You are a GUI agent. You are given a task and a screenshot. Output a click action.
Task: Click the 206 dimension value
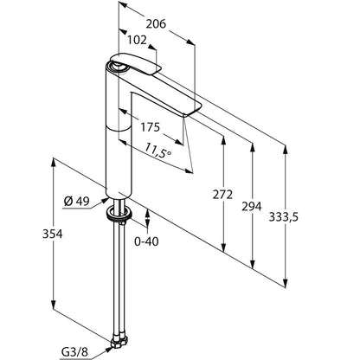[x=156, y=24]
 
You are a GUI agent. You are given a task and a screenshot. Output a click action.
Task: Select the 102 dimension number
[x=137, y=40]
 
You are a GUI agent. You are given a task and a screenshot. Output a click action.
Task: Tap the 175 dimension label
[x=150, y=127]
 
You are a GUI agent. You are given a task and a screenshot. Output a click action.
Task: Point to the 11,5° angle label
[x=157, y=151]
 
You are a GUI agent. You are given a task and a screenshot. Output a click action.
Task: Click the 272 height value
[x=222, y=195]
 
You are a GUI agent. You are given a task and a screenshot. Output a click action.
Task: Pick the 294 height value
[x=252, y=207]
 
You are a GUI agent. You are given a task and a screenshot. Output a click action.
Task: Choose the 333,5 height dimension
[x=284, y=217]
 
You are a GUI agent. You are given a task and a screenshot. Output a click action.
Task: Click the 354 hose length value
[x=53, y=234]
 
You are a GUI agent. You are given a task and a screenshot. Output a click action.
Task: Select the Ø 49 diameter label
[x=77, y=202]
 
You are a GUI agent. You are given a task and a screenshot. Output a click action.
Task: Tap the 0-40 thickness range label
[x=146, y=241]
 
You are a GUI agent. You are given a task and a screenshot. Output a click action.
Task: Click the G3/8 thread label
[x=74, y=352]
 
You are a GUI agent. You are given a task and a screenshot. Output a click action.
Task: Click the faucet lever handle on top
[x=136, y=64]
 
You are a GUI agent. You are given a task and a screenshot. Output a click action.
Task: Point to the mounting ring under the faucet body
[x=119, y=214]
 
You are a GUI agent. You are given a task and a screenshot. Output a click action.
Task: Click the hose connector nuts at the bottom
[x=120, y=341]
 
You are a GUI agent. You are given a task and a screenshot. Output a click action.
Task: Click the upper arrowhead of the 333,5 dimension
[x=286, y=150]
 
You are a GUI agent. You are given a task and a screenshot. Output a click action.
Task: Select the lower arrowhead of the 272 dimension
[x=223, y=247]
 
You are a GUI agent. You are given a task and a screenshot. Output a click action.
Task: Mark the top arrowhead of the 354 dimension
[x=54, y=163]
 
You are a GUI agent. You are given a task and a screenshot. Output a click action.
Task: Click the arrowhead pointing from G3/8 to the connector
[x=108, y=350]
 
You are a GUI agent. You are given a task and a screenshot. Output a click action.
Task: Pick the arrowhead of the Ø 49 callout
[x=105, y=201]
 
